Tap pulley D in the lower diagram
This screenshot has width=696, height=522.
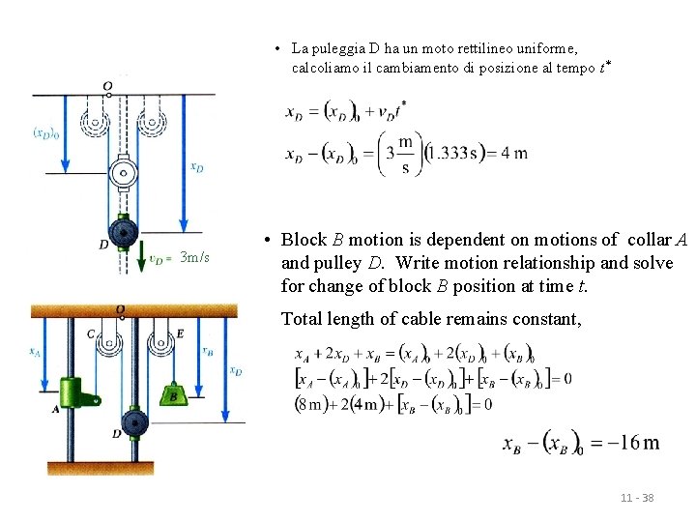[x=135, y=421]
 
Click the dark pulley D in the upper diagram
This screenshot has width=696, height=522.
[x=123, y=234]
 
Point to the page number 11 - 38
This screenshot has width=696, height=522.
[x=637, y=498]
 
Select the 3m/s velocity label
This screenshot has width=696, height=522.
[x=194, y=257]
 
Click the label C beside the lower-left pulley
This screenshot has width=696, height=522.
[x=90, y=334]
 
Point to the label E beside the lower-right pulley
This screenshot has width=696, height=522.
[x=180, y=333]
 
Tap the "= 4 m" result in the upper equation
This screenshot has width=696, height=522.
[x=508, y=154]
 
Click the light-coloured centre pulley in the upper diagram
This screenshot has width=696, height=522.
[x=123, y=174]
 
